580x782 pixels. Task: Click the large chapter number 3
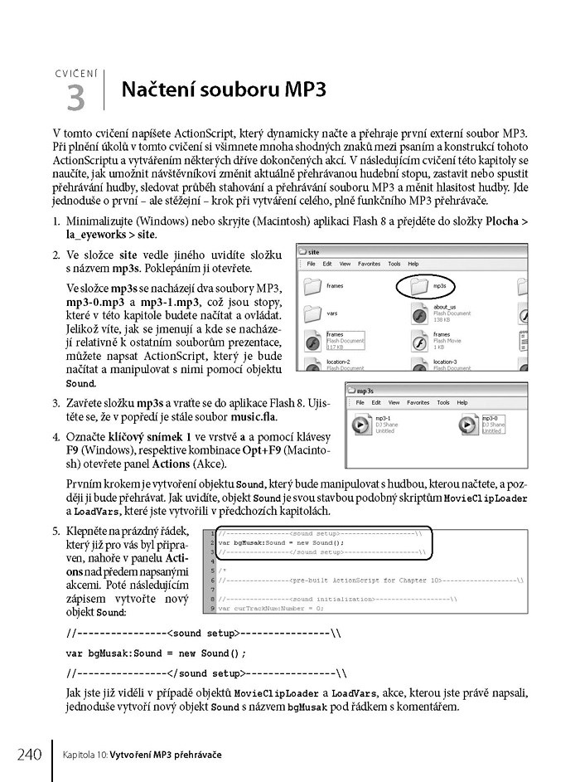coord(75,98)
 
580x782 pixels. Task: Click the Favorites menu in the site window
coord(370,264)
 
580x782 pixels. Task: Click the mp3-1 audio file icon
coord(362,425)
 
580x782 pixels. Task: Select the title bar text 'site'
coord(315,250)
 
